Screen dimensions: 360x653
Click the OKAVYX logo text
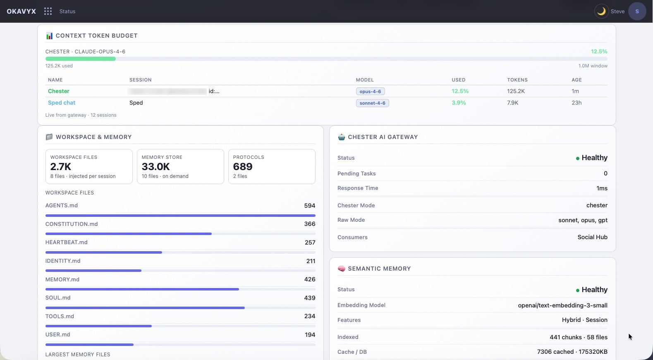tap(22, 11)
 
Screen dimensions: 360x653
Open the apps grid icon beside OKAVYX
tap(48, 11)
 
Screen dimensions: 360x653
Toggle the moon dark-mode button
tap(601, 11)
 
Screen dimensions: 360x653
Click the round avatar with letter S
tap(637, 11)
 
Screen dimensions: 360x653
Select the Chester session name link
tap(59, 91)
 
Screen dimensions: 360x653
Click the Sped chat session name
tap(62, 103)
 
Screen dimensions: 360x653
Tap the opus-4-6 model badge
tap(370, 91)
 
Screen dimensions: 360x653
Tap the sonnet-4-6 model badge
tap(372, 103)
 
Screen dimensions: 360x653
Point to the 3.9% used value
tap(459, 103)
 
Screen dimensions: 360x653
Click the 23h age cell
tap(576, 103)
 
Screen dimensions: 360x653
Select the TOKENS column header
tap(517, 80)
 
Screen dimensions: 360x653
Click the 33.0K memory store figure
tap(156, 167)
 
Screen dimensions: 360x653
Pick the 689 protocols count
tap(243, 167)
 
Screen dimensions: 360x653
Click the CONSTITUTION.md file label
tap(72, 224)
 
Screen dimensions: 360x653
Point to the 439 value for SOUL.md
tap(310, 298)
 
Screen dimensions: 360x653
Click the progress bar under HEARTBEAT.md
tap(103, 252)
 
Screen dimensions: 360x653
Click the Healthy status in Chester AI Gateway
tap(594, 158)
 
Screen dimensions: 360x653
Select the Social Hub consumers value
tap(592, 237)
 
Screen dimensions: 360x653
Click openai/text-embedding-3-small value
tap(562, 305)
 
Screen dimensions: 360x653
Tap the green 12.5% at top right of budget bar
tap(599, 52)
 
